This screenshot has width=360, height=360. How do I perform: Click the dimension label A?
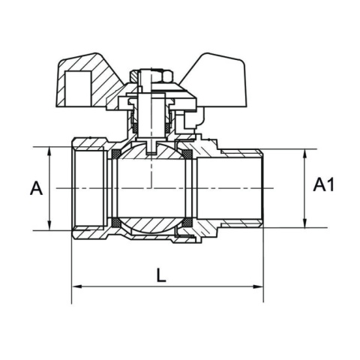(x=35, y=189)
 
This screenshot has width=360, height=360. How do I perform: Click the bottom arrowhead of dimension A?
(x=49, y=226)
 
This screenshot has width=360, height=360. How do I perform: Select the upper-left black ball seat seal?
(x=116, y=154)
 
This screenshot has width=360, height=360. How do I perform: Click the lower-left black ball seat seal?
(x=116, y=222)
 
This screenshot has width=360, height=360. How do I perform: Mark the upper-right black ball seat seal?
(x=187, y=154)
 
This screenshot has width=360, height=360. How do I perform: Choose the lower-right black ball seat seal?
(x=187, y=222)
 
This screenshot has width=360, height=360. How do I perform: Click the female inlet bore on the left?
(x=90, y=187)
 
